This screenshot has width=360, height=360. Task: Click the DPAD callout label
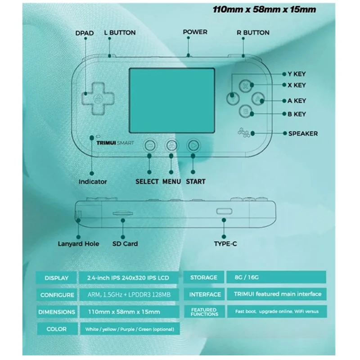click(x=85, y=33)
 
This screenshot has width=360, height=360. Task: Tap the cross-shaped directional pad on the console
click(x=98, y=99)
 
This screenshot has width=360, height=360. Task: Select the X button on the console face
click(x=245, y=86)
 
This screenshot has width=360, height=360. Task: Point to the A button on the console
click(x=258, y=99)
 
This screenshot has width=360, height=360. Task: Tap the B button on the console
click(x=245, y=112)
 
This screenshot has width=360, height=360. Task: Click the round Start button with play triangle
click(x=193, y=145)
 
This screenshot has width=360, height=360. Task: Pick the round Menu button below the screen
click(x=172, y=145)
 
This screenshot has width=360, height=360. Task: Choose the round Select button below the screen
click(x=150, y=145)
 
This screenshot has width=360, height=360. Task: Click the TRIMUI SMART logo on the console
click(x=115, y=143)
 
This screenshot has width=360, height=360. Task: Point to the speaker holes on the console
click(x=244, y=132)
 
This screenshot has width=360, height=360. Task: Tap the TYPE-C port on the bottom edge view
click(x=224, y=211)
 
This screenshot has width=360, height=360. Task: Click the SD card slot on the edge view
click(x=123, y=213)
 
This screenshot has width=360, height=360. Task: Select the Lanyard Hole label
click(x=78, y=243)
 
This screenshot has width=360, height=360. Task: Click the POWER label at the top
click(x=195, y=32)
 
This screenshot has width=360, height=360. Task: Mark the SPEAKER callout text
click(x=303, y=134)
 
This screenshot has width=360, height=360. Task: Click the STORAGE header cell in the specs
click(x=204, y=277)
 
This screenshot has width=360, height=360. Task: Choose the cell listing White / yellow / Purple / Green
click(x=130, y=329)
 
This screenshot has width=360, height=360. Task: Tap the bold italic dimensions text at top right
click(x=264, y=9)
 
